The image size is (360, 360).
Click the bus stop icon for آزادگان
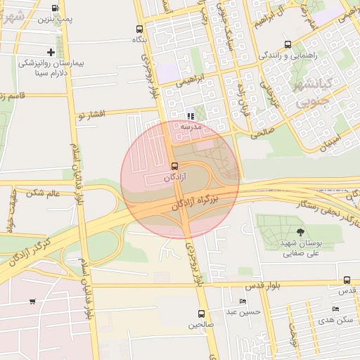pos(174,166)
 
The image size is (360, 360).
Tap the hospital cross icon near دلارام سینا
pos(51,52)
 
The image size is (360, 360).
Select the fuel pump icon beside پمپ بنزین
pos(56,9)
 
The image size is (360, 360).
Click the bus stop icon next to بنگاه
pos(139,30)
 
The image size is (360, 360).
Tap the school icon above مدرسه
pos(191,116)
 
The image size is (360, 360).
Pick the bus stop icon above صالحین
pos(202,314)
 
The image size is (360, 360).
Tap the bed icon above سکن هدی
pos(335,309)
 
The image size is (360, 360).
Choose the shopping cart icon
pos(32,302)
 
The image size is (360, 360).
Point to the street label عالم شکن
pos(43,192)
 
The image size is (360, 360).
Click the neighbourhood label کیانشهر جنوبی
pos(311,94)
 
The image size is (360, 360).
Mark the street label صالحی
pos(262,131)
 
